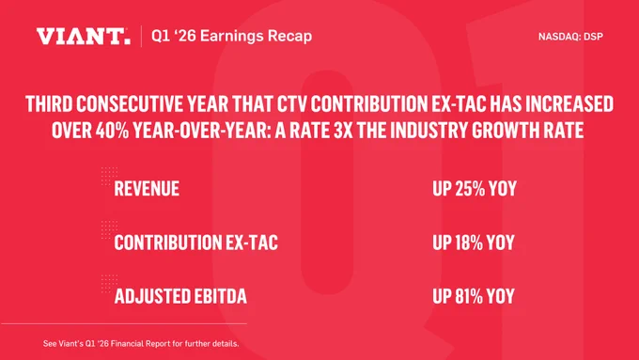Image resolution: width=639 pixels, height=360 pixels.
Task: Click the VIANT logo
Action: click(x=83, y=37)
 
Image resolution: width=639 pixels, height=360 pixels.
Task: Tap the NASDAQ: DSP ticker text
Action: click(x=570, y=37)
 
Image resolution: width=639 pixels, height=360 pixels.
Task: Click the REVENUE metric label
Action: click(x=147, y=189)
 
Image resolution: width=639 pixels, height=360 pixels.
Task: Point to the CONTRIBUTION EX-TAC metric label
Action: click(x=196, y=243)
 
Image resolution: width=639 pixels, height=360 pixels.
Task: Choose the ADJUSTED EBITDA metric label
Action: click(x=180, y=296)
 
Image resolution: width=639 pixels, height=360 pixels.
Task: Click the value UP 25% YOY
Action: click(x=475, y=189)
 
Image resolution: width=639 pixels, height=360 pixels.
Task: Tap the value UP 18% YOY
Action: click(x=474, y=243)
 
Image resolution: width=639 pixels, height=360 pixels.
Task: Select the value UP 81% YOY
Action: click(x=474, y=296)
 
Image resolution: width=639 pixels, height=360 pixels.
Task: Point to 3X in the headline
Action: click(x=343, y=131)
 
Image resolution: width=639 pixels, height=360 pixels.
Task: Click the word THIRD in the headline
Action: click(x=49, y=104)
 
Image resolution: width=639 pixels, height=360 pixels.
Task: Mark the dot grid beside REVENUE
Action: click(x=109, y=176)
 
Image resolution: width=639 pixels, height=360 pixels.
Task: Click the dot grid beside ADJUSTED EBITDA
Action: click(x=109, y=284)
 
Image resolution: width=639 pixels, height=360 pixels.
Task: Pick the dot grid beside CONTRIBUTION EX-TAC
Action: click(x=109, y=230)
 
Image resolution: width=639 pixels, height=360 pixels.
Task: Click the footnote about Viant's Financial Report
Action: click(x=141, y=344)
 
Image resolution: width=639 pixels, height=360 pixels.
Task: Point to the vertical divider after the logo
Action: click(x=141, y=37)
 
